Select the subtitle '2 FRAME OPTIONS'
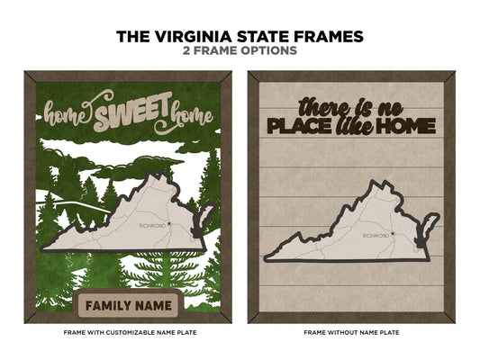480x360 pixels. click(240, 51)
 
